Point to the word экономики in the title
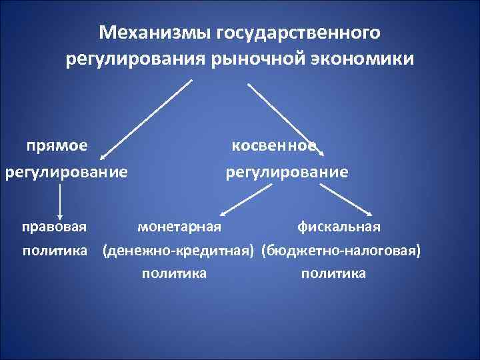[366, 60]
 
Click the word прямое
[59, 145]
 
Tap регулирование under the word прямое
[66, 173]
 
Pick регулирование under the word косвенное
[287, 173]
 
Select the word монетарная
[179, 227]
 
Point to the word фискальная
[339, 227]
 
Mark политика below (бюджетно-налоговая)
[333, 273]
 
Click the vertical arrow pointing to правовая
[61, 202]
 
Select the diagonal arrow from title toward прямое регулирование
[147, 120]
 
